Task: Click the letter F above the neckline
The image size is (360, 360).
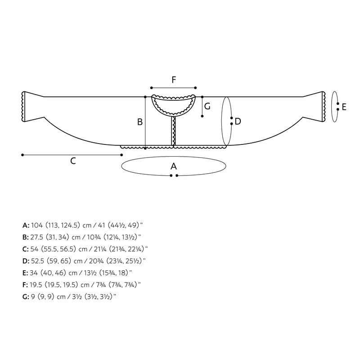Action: [x=174, y=80]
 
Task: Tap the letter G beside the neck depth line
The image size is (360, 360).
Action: [x=207, y=106]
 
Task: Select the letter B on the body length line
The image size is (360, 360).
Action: [x=140, y=122]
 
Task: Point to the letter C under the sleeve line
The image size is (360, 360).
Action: [x=73, y=161]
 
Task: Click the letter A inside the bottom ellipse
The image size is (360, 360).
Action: [x=174, y=166]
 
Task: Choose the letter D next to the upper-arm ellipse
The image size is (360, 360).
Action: [x=238, y=121]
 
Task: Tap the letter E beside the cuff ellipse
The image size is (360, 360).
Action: [x=344, y=107]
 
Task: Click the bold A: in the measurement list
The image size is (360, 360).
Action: [x=26, y=225]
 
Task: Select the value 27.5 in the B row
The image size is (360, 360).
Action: [x=37, y=237]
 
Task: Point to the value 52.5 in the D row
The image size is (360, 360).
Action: [x=37, y=261]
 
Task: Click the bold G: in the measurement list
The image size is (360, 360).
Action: [x=26, y=297]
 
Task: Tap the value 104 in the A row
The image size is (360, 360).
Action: [x=37, y=225]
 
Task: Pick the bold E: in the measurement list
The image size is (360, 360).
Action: [x=25, y=273]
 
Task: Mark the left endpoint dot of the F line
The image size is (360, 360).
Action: [x=152, y=88]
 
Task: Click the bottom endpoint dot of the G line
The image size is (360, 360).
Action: [x=202, y=116]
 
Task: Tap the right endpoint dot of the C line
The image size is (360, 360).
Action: [x=121, y=155]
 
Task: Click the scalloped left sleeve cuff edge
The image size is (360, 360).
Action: [x=23, y=107]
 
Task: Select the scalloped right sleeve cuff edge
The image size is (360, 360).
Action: [x=324, y=107]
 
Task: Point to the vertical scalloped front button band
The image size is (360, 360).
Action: [x=174, y=131]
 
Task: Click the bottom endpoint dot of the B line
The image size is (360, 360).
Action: [x=145, y=148]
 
